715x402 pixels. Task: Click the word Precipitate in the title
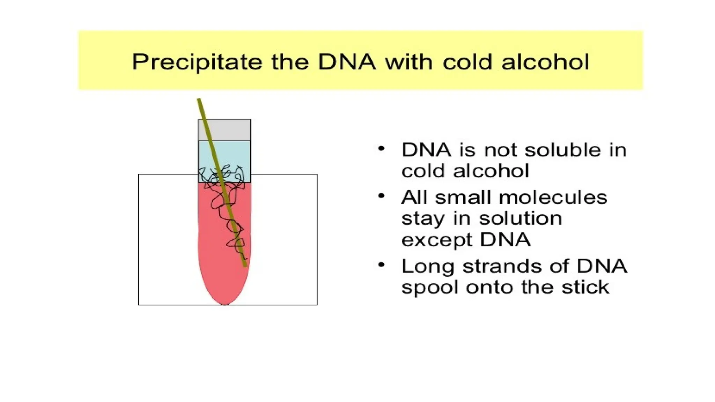pyautogui.click(x=197, y=62)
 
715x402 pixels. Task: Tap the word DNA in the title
pyautogui.click(x=347, y=62)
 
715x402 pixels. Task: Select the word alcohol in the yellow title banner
pyautogui.click(x=545, y=62)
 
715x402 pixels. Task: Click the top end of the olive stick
pyautogui.click(x=199, y=100)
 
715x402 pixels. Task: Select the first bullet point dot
pyautogui.click(x=381, y=149)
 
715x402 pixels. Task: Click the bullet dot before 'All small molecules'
pyautogui.click(x=381, y=196)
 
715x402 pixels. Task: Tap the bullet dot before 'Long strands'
pyautogui.click(x=381, y=265)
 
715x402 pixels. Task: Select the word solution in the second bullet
pyautogui.click(x=520, y=218)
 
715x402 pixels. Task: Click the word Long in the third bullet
pyautogui.click(x=428, y=267)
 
